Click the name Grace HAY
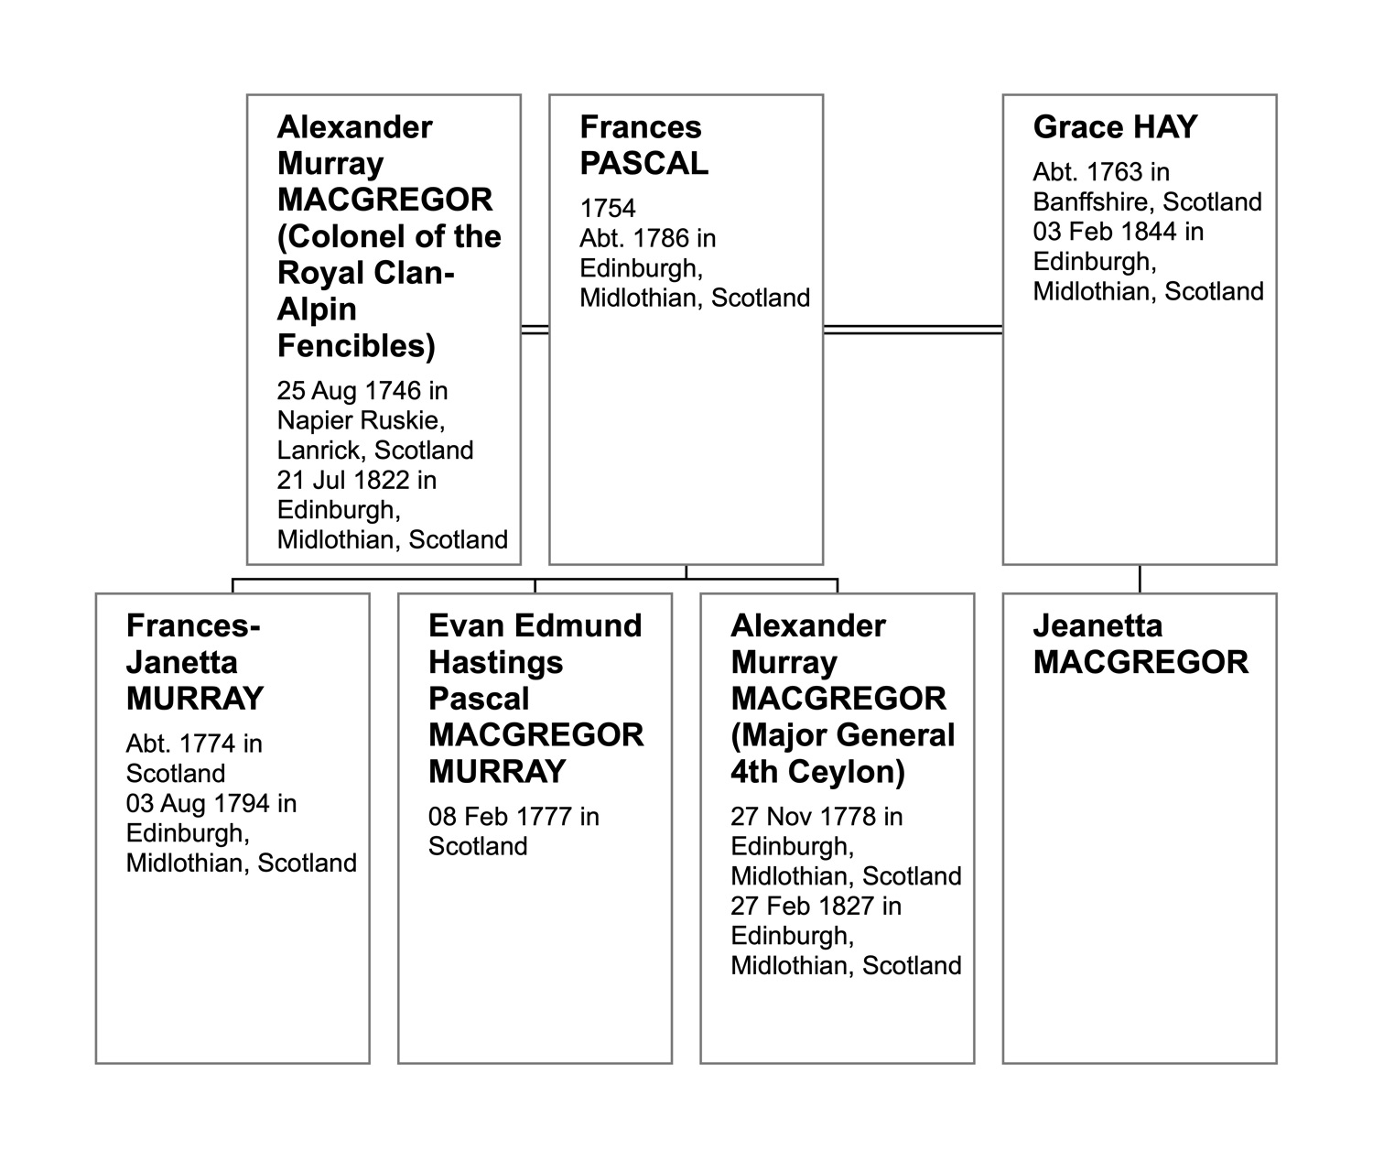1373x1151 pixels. [x=1115, y=127]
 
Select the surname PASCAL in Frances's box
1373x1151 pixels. [x=643, y=164]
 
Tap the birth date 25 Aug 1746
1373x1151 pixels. [x=351, y=391]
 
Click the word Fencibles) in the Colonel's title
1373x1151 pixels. [x=356, y=346]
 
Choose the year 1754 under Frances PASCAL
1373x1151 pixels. [x=608, y=209]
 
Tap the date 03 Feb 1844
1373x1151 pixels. [x=1106, y=231]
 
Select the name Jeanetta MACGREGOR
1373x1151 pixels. [x=1141, y=644]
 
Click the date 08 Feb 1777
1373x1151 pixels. [x=503, y=816]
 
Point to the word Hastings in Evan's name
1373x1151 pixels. [x=495, y=662]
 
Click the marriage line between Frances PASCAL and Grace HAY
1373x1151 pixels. [x=913, y=330]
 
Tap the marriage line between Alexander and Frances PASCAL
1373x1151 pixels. [x=535, y=330]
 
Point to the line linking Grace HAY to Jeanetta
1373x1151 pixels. [x=1140, y=579]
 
